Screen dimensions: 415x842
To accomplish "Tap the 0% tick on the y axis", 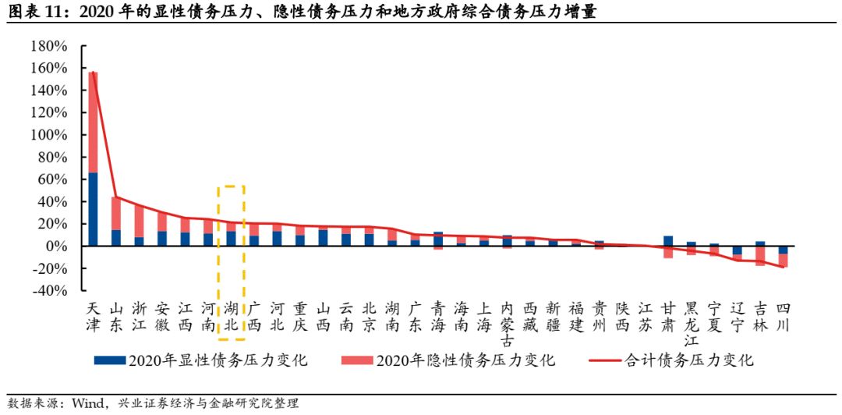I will click(x=59, y=247).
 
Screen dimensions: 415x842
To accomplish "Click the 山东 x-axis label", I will click(x=116, y=315).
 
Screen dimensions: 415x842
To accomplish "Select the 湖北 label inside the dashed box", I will click(x=232, y=315).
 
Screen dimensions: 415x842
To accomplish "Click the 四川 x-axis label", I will click(x=784, y=315).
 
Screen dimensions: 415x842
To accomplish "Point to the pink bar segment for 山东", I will click(x=116, y=213).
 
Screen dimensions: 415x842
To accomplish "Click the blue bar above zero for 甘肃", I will click(x=668, y=241).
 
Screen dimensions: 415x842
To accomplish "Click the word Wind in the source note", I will click(x=87, y=403).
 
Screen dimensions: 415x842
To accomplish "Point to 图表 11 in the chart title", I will click(x=30, y=12).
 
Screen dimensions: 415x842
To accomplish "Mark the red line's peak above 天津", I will click(x=93, y=73).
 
